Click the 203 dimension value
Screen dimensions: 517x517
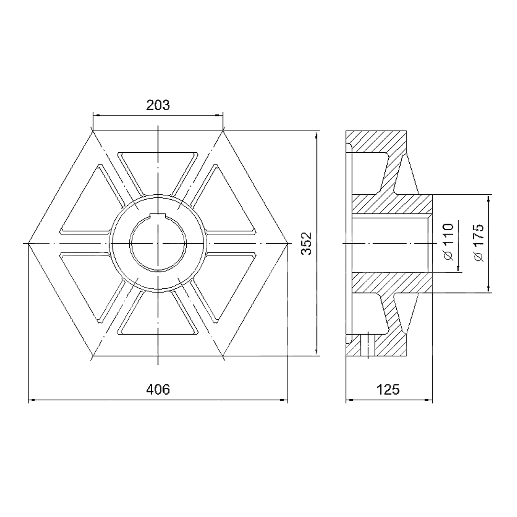[x=158, y=105]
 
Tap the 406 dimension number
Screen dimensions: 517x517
[x=158, y=389]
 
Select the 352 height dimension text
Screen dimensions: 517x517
[x=307, y=243]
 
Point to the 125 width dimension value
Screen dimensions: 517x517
[x=388, y=389]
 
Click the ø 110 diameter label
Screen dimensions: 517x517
[x=449, y=242]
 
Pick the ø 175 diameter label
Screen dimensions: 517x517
[x=478, y=243]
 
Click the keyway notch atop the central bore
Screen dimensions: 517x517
[x=158, y=215]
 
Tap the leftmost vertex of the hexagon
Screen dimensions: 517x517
[x=28, y=243]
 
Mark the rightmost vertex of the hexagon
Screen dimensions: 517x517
[x=288, y=243]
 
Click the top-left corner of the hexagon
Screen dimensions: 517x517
[x=93, y=131]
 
